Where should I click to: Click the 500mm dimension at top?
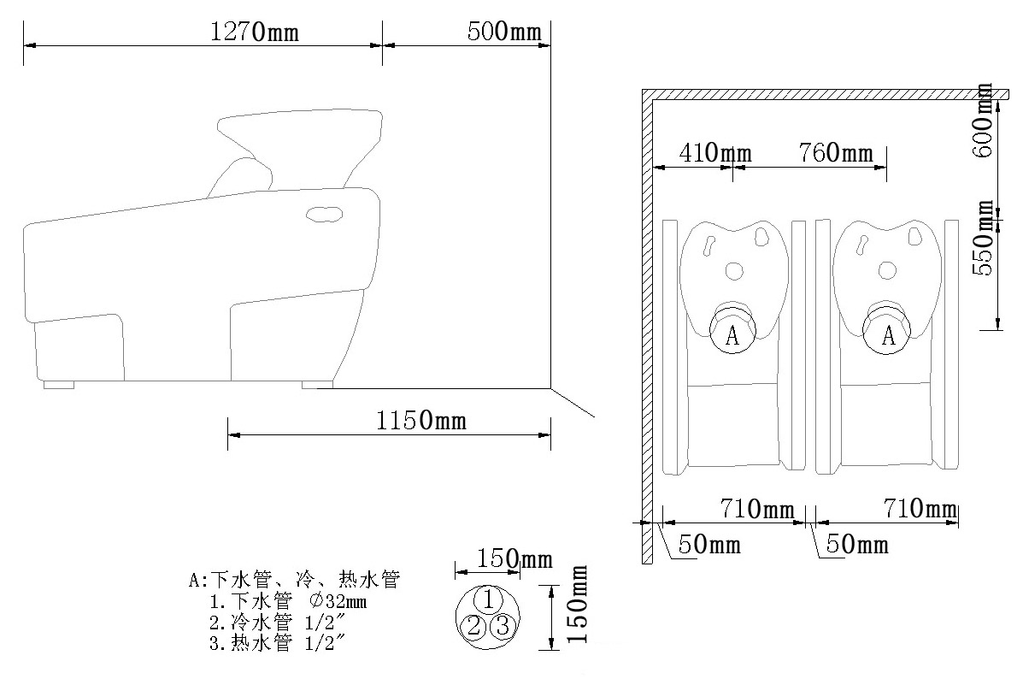tap(504, 32)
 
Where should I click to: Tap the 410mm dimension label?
tap(714, 154)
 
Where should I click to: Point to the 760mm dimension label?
tap(836, 154)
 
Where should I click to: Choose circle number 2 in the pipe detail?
tap(472, 626)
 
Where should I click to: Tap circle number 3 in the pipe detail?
tap(503, 626)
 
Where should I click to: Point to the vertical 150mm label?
tap(580, 605)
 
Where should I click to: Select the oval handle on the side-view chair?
tap(325, 214)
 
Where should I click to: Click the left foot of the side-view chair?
tap(59, 385)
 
